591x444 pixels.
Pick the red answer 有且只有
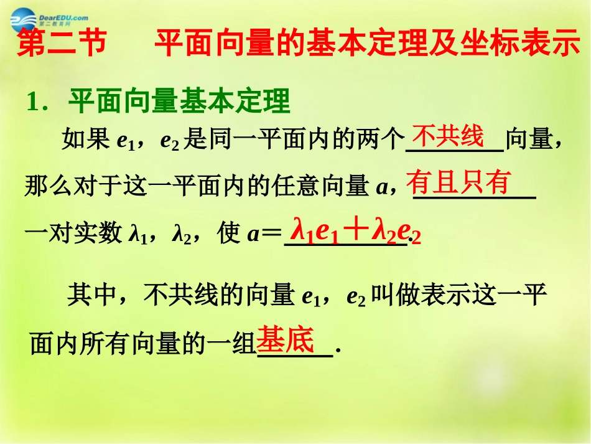[458, 183]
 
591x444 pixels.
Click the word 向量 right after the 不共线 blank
[528, 141]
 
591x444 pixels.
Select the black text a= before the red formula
[264, 235]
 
